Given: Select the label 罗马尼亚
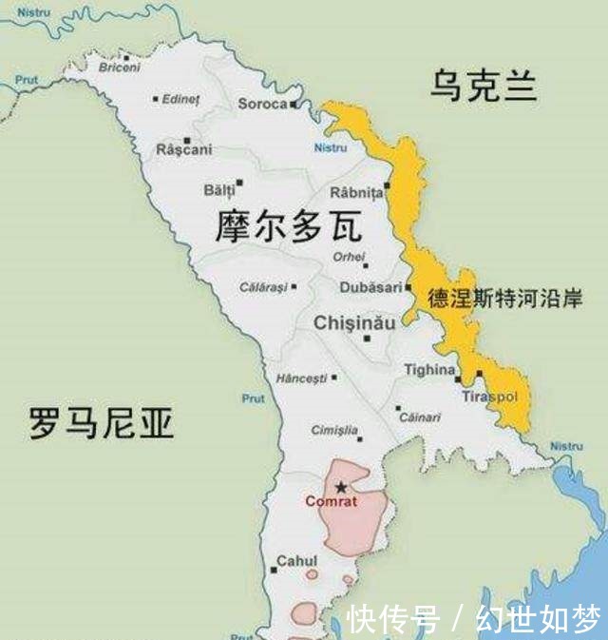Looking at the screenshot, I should (x=101, y=423).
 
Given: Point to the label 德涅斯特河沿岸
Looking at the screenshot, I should (x=504, y=298).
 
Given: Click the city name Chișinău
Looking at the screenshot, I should (x=354, y=323).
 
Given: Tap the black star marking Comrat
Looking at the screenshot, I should (x=341, y=487).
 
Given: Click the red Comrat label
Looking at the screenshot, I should (x=331, y=501).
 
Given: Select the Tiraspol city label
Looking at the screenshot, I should (x=489, y=396).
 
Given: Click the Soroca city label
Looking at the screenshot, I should (x=262, y=104).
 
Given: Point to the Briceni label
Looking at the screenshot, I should (x=119, y=68).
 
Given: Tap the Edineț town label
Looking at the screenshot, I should (x=181, y=99).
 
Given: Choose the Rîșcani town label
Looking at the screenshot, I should (x=183, y=149).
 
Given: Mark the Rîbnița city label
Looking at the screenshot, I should (x=356, y=192).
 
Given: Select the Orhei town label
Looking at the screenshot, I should (x=348, y=257).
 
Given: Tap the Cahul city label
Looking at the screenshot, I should (x=296, y=561).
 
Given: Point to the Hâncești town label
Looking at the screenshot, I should (x=301, y=378).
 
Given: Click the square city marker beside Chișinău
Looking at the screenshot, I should (x=368, y=338).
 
